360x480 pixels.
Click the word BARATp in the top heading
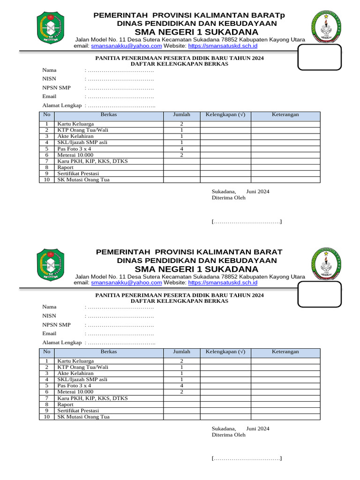click(x=268, y=15)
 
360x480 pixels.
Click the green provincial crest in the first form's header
click(x=50, y=28)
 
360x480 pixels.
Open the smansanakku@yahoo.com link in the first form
click(x=127, y=46)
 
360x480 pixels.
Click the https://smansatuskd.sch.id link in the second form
click(x=223, y=283)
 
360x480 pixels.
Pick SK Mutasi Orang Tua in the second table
click(x=83, y=417)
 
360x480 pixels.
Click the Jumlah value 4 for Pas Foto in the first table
click(x=181, y=149)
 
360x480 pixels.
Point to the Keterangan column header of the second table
click(x=285, y=352)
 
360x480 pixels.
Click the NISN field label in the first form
click(x=49, y=79)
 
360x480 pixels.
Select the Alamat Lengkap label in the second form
click(x=62, y=343)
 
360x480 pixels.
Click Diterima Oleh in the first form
click(x=228, y=198)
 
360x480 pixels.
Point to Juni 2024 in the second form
click(x=258, y=428)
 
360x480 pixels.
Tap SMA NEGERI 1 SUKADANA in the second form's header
click(x=196, y=269)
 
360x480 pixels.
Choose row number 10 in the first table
click(x=47, y=180)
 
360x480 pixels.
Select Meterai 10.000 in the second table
click(x=75, y=392)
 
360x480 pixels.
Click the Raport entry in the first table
click(x=66, y=167)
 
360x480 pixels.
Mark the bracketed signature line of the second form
click(x=247, y=458)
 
